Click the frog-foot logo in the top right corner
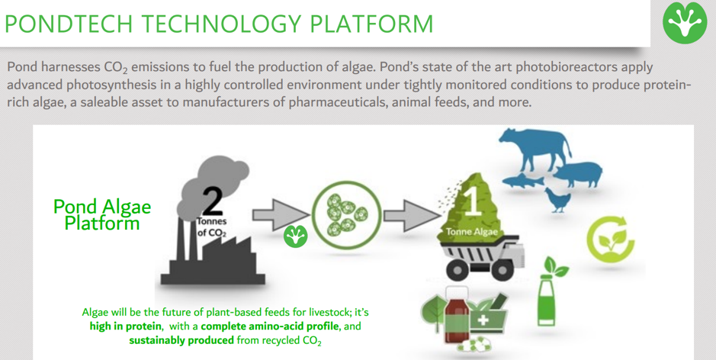(684, 23)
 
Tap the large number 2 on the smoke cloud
(212, 200)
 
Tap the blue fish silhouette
(523, 180)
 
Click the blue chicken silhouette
(557, 200)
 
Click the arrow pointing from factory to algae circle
(281, 214)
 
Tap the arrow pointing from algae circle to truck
(410, 214)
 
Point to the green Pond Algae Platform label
(102, 215)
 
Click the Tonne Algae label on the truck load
(472, 232)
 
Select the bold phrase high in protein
(126, 326)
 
